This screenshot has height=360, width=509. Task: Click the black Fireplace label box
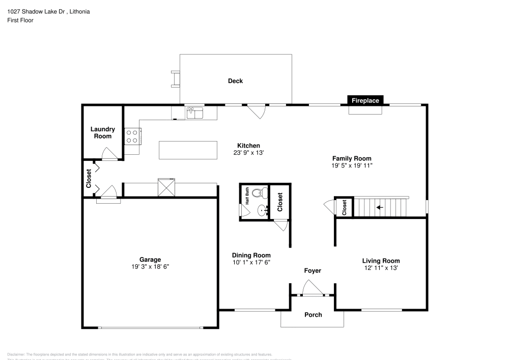[x=365, y=100]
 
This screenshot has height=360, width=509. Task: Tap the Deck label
[x=235, y=81]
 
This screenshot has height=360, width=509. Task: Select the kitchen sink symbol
[x=194, y=113]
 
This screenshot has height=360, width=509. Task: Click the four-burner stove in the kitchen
[x=132, y=135]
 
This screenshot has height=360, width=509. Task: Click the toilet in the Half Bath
[x=262, y=193]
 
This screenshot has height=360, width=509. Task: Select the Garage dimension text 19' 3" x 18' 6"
[x=150, y=267]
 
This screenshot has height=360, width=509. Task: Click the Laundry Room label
[x=103, y=133]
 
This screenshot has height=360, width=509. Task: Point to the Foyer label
[x=313, y=271]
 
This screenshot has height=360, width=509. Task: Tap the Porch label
[x=313, y=315]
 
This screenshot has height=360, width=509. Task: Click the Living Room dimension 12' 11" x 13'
[x=381, y=268]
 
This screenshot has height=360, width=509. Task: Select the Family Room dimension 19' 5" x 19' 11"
[x=352, y=165]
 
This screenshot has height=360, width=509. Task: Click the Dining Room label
[x=251, y=255]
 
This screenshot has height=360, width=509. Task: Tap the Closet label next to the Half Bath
[x=279, y=202]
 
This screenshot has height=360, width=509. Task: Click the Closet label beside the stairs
[x=344, y=207]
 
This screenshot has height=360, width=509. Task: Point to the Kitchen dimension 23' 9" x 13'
[x=248, y=153]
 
